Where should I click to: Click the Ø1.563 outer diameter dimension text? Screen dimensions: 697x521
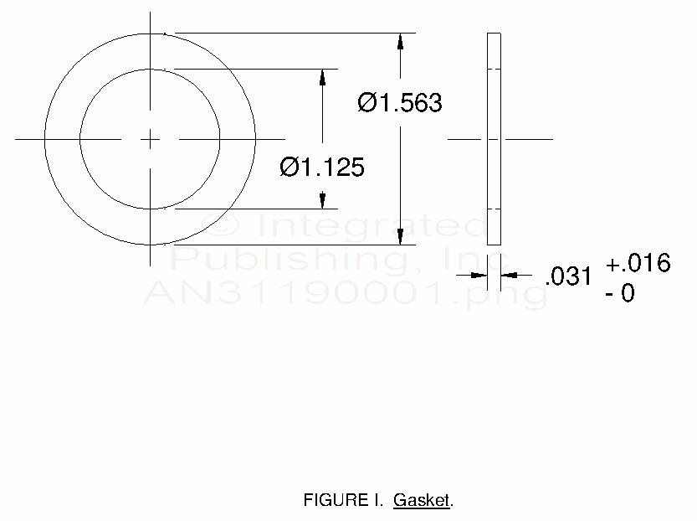[400, 103]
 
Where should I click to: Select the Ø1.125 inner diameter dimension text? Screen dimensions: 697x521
[322, 168]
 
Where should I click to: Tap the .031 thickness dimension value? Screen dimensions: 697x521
[568, 276]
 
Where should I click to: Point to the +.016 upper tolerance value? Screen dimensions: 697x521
[638, 262]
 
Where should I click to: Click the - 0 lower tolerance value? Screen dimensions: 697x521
[620, 293]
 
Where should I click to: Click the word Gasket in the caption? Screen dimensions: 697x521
[422, 500]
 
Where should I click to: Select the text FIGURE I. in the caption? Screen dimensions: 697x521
[343, 500]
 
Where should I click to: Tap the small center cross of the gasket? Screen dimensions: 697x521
[151, 139]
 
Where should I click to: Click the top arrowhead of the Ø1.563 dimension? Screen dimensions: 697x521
[400, 41]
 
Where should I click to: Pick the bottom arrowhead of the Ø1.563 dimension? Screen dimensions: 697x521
[400, 237]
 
